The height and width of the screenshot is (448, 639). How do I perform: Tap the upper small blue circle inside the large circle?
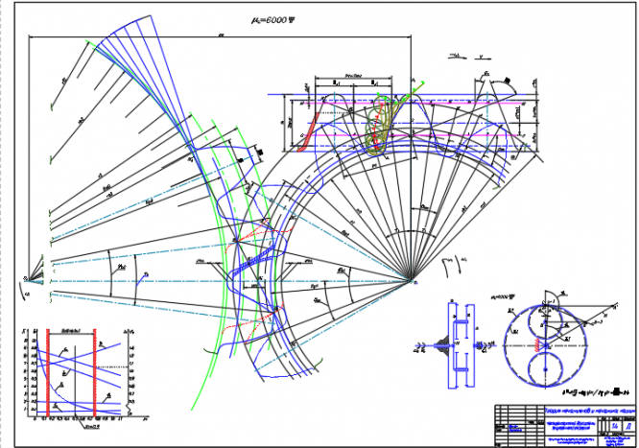pyautogui.click(x=542, y=326)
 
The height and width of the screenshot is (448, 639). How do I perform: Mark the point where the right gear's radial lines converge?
pyautogui.click(x=413, y=280)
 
